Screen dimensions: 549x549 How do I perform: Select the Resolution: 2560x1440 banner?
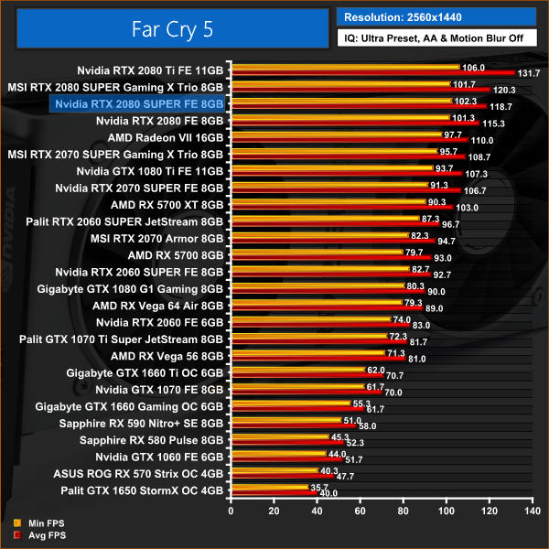436,16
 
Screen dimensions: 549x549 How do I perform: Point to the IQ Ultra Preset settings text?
436,40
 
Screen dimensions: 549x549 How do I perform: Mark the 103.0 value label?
468,208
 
